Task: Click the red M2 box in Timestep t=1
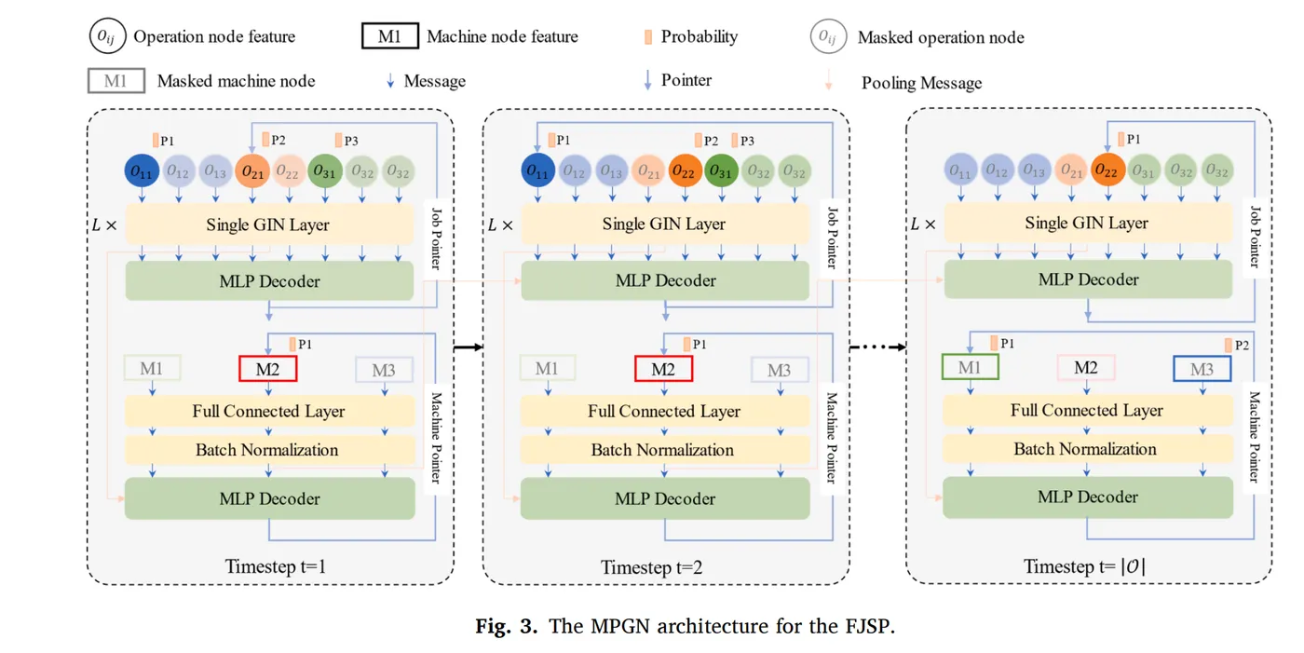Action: (x=268, y=369)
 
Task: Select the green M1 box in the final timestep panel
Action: (x=970, y=367)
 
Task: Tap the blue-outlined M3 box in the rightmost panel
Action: (x=1202, y=369)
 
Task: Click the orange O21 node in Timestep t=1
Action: (x=251, y=171)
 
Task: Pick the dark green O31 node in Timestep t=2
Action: (x=720, y=171)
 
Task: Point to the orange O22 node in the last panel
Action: (x=1106, y=170)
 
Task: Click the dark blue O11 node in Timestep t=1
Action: (x=142, y=171)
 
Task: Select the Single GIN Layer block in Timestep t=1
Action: (x=268, y=224)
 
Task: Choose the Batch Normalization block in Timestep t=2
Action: (x=664, y=450)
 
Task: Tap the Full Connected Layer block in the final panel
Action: (x=1087, y=410)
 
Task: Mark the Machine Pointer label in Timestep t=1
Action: (x=434, y=437)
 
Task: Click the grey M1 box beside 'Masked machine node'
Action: (x=115, y=80)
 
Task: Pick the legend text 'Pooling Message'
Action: (x=921, y=83)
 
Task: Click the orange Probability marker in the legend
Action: (x=647, y=37)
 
